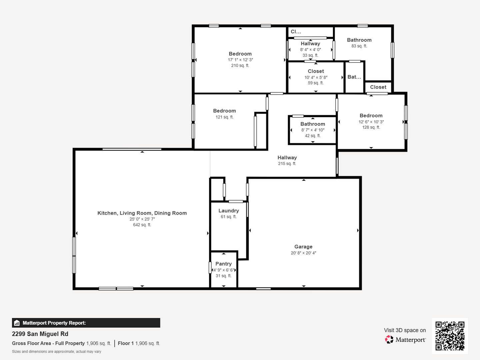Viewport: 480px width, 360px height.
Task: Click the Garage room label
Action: tap(303, 247)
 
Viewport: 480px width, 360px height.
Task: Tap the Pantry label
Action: tap(223, 264)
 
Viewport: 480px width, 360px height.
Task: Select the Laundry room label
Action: tap(229, 211)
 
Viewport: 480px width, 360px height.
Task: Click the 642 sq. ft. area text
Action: tap(142, 225)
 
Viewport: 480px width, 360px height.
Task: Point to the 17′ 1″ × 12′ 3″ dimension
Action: tap(240, 60)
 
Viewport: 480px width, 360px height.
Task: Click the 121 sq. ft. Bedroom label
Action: tap(224, 111)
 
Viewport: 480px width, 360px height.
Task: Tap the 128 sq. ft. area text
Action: tap(371, 127)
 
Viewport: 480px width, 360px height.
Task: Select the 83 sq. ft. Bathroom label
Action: tap(359, 40)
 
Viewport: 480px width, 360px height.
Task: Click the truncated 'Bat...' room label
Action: tap(354, 77)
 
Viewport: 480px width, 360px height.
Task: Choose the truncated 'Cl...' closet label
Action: tap(296, 32)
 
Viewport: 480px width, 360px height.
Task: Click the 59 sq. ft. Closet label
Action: tap(316, 71)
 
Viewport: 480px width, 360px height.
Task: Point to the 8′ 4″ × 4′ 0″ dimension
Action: tap(311, 50)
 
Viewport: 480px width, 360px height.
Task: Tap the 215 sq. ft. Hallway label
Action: tap(287, 158)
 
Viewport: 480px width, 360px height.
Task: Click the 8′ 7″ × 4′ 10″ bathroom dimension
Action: tap(313, 130)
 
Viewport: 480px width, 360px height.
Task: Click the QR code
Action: tap(450, 336)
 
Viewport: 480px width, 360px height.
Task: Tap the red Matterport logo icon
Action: tap(389, 339)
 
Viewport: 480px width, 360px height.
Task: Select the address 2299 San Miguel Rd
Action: tap(40, 334)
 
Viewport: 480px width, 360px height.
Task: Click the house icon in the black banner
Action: tap(17, 323)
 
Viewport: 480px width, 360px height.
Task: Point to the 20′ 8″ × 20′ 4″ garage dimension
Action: tap(303, 253)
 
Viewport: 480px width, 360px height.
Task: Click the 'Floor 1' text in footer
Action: tap(126, 343)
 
